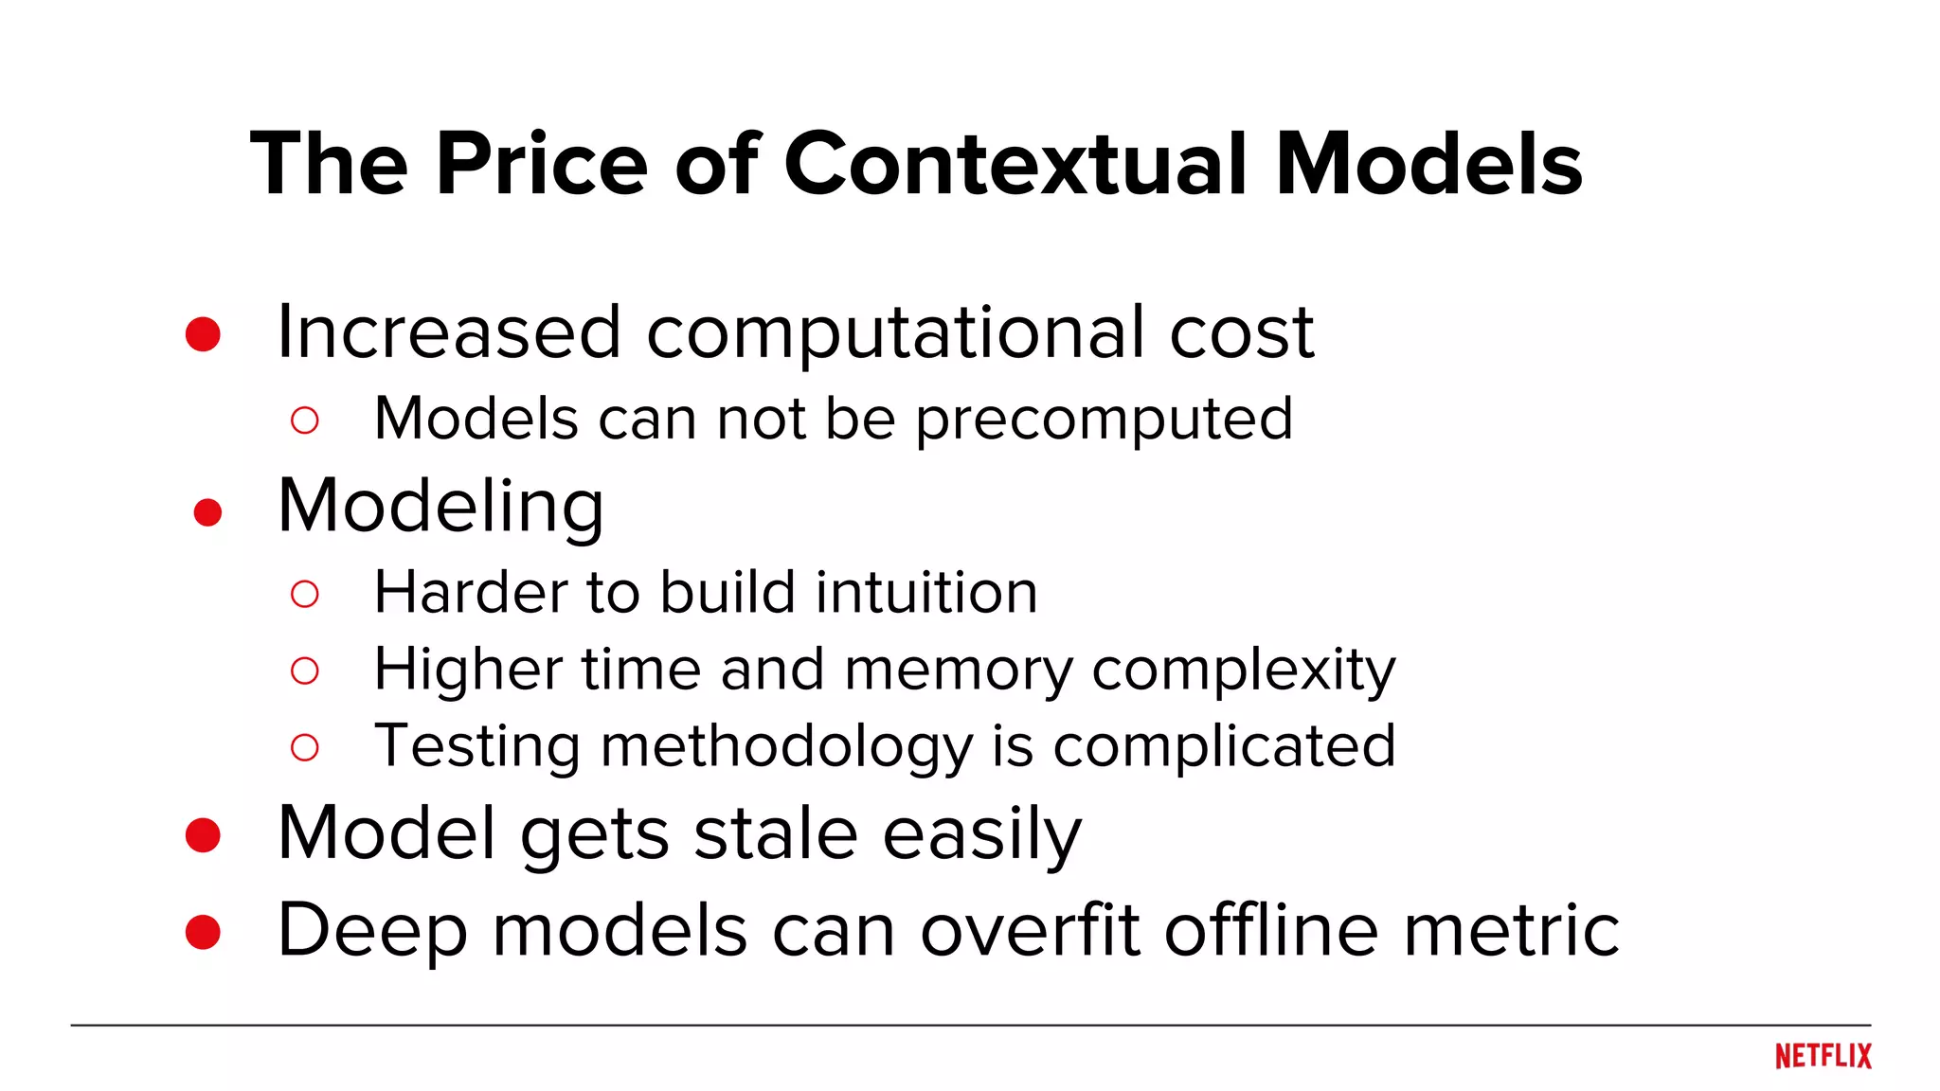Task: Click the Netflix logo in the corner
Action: pyautogui.click(x=1823, y=1056)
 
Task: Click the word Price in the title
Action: pyautogui.click(x=542, y=164)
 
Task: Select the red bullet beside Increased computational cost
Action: pyautogui.click(x=203, y=334)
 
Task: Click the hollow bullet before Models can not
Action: pyautogui.click(x=304, y=420)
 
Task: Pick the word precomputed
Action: pyautogui.click(x=1104, y=420)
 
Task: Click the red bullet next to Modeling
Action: pyautogui.click(x=207, y=512)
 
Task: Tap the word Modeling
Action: pyautogui.click(x=440, y=507)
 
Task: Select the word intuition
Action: pyautogui.click(x=926, y=593)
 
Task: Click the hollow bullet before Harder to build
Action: pyautogui.click(x=304, y=594)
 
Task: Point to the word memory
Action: pyautogui.click(x=959, y=671)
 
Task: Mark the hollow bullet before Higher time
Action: pyautogui.click(x=304, y=671)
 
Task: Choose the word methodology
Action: pyautogui.click(x=786, y=747)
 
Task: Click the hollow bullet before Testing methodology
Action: pyautogui.click(x=304, y=747)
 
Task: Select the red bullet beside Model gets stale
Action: pyautogui.click(x=203, y=835)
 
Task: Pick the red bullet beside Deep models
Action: pyautogui.click(x=203, y=932)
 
